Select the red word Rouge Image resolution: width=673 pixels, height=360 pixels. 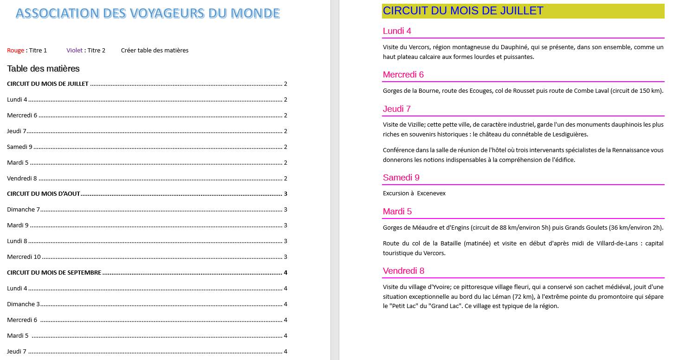tap(15, 50)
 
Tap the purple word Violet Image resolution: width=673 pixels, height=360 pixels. tap(74, 50)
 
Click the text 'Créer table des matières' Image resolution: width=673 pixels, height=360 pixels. tap(155, 50)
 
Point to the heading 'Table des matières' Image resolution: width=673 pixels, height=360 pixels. tap(43, 69)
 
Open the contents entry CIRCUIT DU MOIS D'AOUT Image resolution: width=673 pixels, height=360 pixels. tap(44, 193)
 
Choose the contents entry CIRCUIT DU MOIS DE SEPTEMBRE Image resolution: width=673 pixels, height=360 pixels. tap(54, 272)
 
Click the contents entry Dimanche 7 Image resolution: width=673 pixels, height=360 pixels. tap(23, 209)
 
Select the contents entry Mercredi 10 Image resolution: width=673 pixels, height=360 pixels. tap(24, 257)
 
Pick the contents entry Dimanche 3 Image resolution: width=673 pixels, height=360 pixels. tap(23, 304)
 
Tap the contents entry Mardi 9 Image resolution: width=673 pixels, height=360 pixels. tap(18, 225)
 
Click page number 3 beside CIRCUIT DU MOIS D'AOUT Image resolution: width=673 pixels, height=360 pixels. tap(285, 193)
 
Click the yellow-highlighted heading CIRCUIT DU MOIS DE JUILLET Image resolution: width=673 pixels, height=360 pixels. tap(463, 11)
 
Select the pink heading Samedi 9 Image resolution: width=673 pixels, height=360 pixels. tap(401, 177)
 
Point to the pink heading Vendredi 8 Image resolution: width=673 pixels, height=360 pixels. tap(403, 270)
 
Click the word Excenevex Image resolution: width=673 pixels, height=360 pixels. tap(431, 193)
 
